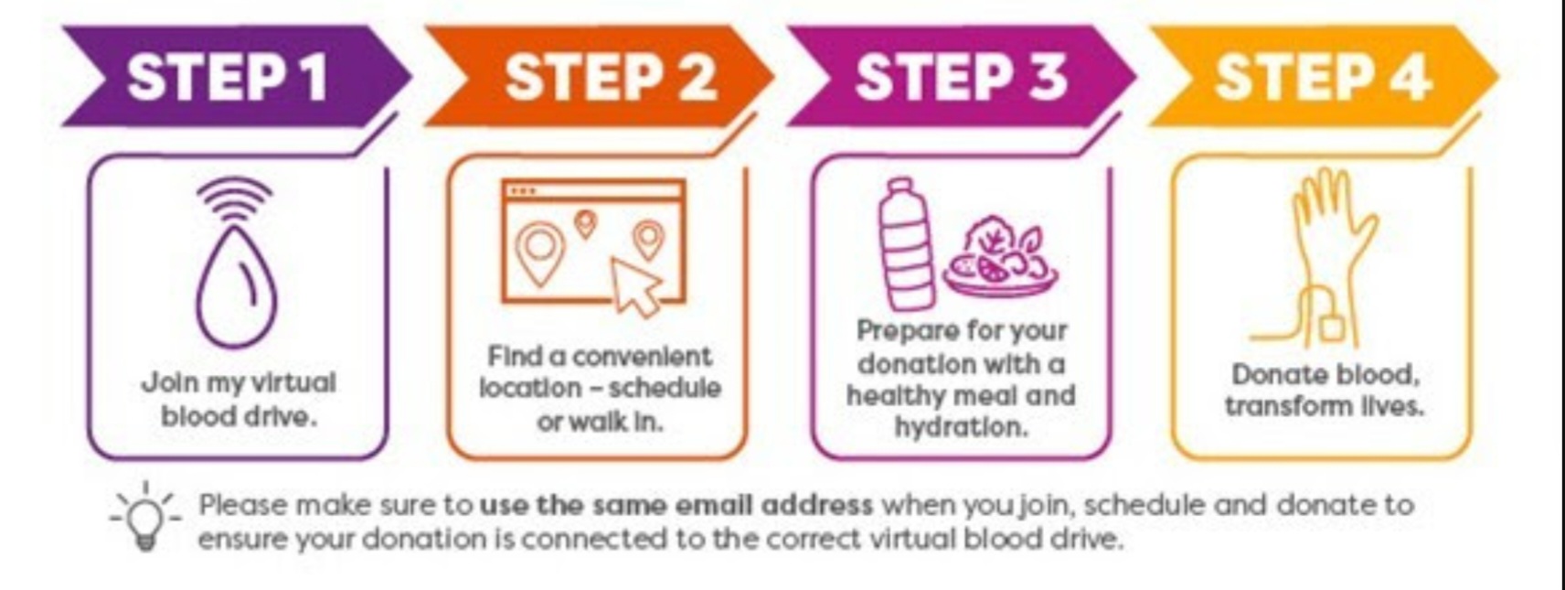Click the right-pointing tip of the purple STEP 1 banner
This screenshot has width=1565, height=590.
[410, 76]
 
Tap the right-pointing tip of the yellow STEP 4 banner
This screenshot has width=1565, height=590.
[1499, 76]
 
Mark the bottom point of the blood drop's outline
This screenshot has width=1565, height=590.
[236, 346]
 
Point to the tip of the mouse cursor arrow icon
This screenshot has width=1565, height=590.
[614, 260]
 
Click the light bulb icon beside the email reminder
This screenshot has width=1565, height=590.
[145, 518]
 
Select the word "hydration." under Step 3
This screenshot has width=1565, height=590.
[962, 426]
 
